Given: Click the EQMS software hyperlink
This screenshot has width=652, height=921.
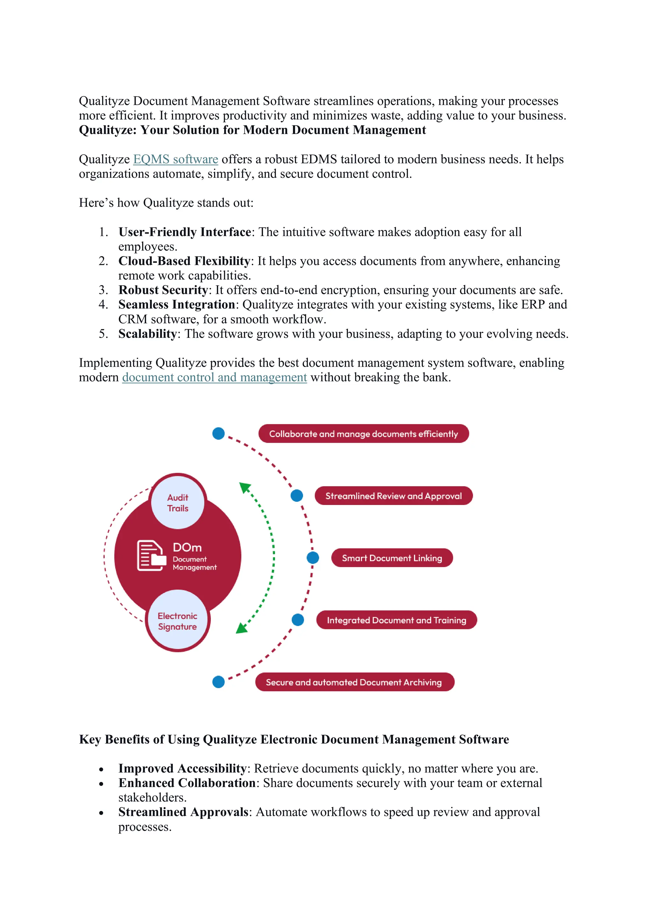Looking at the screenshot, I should click(175, 159).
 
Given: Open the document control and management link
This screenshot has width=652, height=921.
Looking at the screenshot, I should click(214, 377).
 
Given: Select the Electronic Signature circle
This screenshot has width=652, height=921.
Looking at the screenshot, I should click(177, 621).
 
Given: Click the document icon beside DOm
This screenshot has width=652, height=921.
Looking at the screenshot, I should click(151, 556).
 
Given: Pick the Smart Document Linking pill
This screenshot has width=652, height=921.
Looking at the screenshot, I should click(392, 558).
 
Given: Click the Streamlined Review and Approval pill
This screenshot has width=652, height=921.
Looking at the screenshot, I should click(393, 496).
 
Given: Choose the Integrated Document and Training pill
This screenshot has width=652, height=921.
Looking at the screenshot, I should click(396, 620).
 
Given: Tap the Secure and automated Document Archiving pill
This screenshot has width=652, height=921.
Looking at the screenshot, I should click(355, 682).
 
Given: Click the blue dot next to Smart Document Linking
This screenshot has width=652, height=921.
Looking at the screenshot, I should click(313, 557).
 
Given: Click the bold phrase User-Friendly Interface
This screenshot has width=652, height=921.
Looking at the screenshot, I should click(185, 232).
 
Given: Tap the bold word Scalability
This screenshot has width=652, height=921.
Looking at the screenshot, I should click(147, 334).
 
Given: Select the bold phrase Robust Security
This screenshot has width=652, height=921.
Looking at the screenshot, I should click(163, 290).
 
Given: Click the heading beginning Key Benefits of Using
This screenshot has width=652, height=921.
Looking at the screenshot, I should click(294, 739).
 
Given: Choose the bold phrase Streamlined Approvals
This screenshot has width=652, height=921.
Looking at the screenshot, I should click(183, 812).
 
